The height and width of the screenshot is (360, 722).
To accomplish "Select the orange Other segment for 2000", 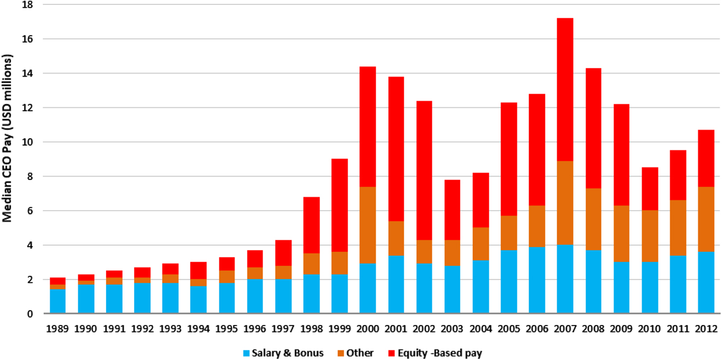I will (x=368, y=225).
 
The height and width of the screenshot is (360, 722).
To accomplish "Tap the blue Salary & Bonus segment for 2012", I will (x=706, y=282).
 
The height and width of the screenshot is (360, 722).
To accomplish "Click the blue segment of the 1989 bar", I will (x=57, y=301).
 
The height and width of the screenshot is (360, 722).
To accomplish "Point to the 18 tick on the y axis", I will (x=28, y=5).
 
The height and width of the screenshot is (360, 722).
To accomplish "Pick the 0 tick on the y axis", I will (x=30, y=314).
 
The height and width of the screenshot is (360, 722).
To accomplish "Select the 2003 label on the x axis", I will (x=452, y=329).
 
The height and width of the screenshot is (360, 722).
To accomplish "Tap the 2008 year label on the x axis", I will (x=593, y=329).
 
